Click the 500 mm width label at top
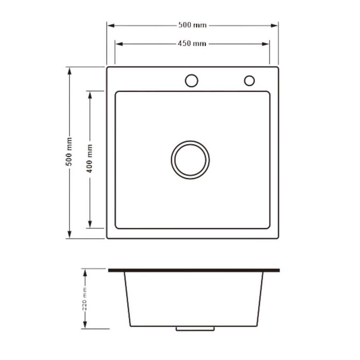[x=192, y=25]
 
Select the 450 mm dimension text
[x=192, y=44]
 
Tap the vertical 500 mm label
[x=69, y=152]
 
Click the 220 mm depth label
[x=85, y=299]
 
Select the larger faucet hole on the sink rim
[x=191, y=80]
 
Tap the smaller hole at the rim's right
[x=249, y=80]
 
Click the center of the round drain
[x=190, y=159]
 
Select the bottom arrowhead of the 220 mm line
[x=85, y=326]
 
